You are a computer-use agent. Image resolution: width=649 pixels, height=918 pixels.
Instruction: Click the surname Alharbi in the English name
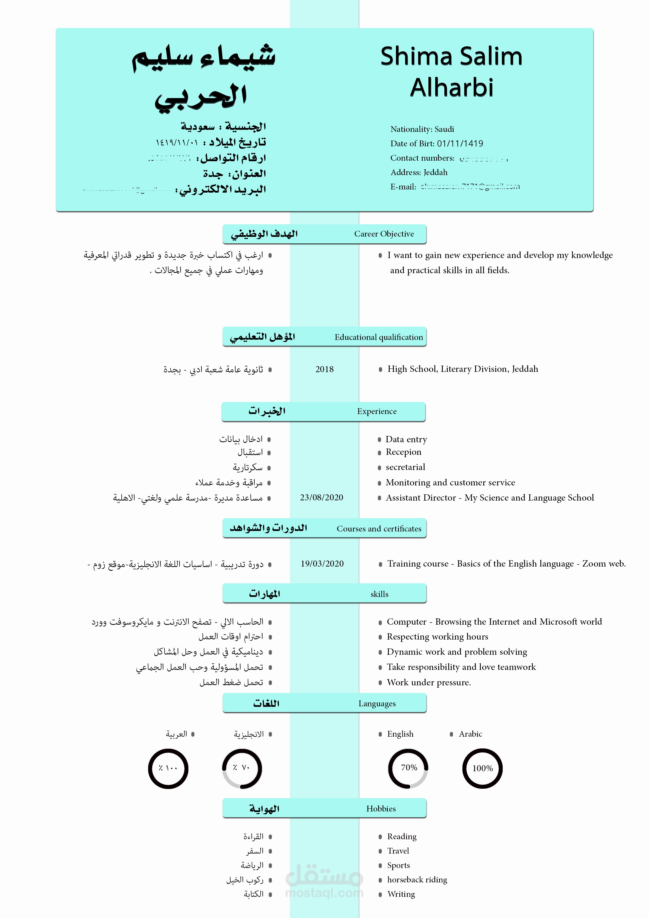tap(451, 88)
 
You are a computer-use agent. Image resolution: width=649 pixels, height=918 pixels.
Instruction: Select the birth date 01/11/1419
tap(460, 144)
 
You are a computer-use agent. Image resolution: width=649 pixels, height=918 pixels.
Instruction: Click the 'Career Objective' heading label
tap(384, 234)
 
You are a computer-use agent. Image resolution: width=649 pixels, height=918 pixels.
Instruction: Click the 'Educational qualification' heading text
tap(379, 337)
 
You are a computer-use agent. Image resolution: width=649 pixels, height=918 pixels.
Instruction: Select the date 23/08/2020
tap(322, 497)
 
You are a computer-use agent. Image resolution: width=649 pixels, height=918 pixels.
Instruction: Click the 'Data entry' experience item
tap(406, 439)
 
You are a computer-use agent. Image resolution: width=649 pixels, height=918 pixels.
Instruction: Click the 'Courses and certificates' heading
tap(379, 529)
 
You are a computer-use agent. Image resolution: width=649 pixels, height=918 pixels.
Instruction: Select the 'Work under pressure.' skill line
tap(429, 682)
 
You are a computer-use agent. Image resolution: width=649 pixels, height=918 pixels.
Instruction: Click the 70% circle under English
tap(408, 768)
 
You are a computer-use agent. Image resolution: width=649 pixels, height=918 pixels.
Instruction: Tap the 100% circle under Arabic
tap(482, 768)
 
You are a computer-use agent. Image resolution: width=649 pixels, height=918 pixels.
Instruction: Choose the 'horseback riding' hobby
tap(417, 880)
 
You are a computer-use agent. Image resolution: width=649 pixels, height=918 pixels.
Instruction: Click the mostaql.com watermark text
tap(324, 893)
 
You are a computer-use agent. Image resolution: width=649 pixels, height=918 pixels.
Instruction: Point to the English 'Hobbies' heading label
tap(381, 808)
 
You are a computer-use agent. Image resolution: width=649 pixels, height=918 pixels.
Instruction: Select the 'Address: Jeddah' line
tap(419, 172)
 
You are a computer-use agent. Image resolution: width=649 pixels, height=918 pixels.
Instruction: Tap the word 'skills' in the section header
tap(379, 594)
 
